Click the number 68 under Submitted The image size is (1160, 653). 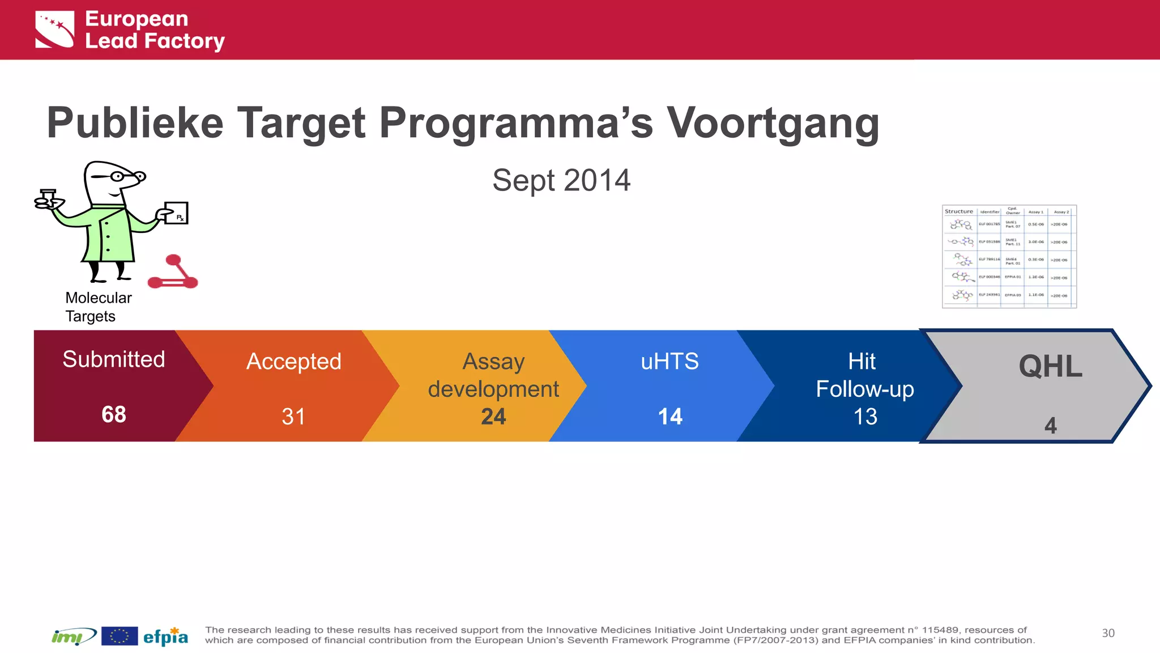pos(113,414)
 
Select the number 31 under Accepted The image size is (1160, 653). pos(293,417)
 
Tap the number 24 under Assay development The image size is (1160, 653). pos(493,417)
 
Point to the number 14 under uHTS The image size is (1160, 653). pos(670,417)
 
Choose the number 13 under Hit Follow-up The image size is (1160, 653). pos(865,417)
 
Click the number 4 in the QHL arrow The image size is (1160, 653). pos(1051,425)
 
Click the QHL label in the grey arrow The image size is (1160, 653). pos(1051,366)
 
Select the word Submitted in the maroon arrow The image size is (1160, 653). pos(113,359)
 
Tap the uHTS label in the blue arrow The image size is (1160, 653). pos(670,362)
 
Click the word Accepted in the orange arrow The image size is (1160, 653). pos(293,362)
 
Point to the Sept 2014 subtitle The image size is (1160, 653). pos(561,180)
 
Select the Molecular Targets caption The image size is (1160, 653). pos(98,307)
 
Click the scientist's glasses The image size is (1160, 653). pos(118,176)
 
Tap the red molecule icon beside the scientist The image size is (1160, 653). pos(173,273)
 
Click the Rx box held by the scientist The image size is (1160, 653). pos(176,213)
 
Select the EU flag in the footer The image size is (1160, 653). pos(120,636)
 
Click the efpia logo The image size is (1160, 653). pos(165,637)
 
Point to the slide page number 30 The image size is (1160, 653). pos(1108,633)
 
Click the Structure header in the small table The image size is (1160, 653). pos(958,211)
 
